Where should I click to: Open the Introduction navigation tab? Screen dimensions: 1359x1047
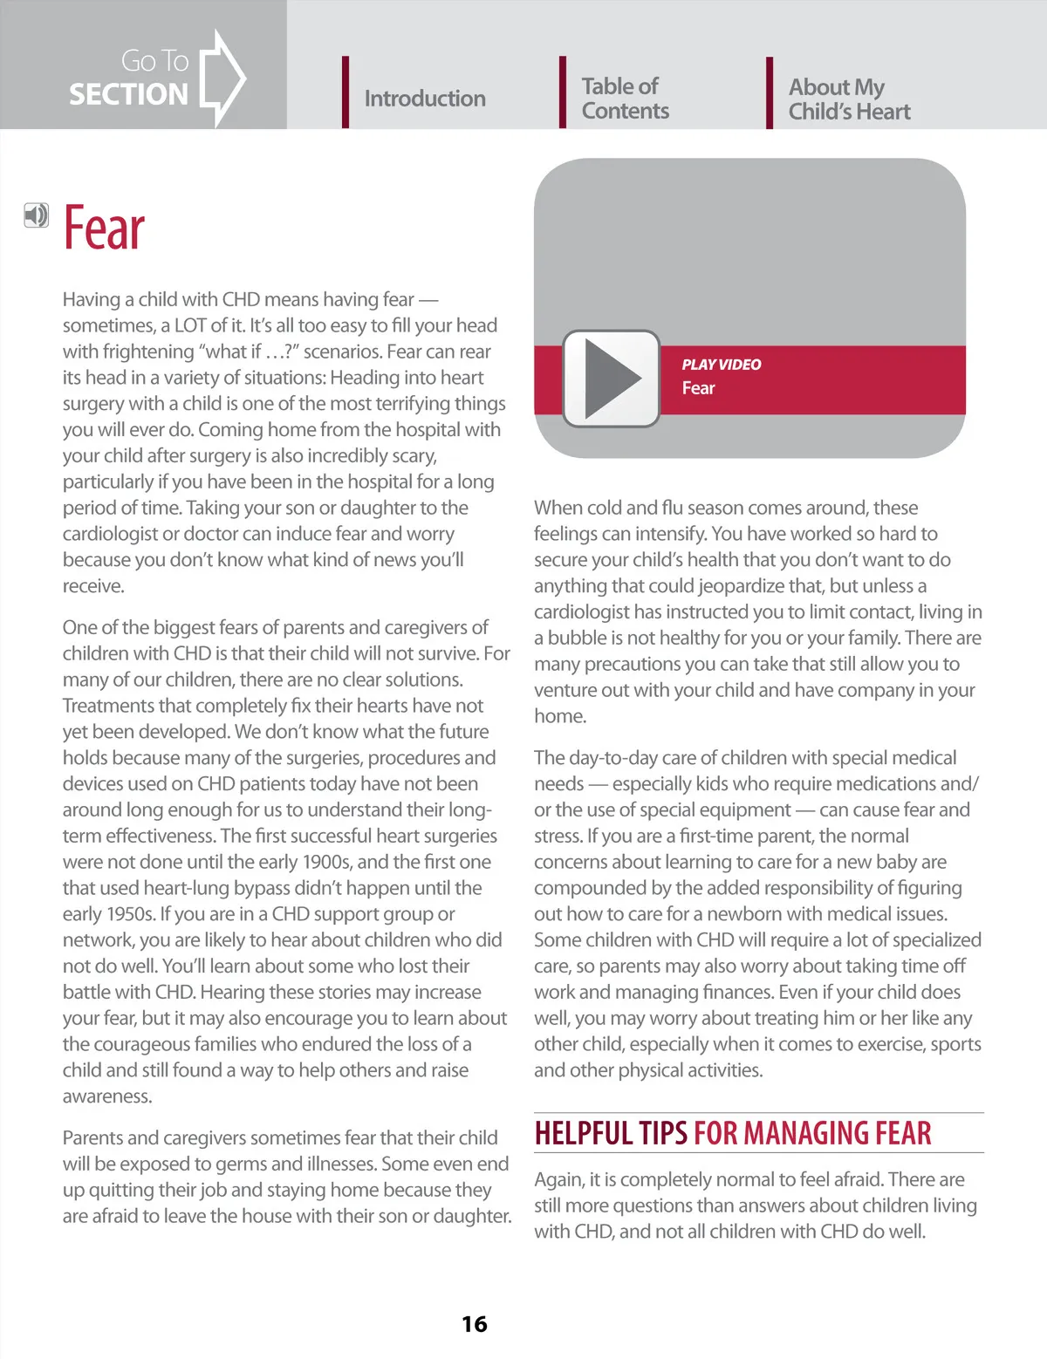(424, 99)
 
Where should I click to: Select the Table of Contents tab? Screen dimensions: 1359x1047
(625, 99)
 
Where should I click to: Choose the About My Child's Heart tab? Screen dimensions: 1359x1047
(849, 99)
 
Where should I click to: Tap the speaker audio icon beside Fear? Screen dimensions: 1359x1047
(36, 215)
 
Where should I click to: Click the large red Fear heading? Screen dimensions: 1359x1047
(104, 229)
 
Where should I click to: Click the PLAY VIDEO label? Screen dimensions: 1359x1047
(721, 365)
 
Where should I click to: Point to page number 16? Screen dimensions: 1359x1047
(474, 1324)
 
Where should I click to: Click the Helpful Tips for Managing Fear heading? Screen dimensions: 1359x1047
(733, 1133)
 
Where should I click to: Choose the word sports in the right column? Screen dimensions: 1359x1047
(956, 1044)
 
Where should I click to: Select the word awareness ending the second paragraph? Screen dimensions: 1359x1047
(106, 1096)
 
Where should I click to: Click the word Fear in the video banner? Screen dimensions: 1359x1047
(698, 388)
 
